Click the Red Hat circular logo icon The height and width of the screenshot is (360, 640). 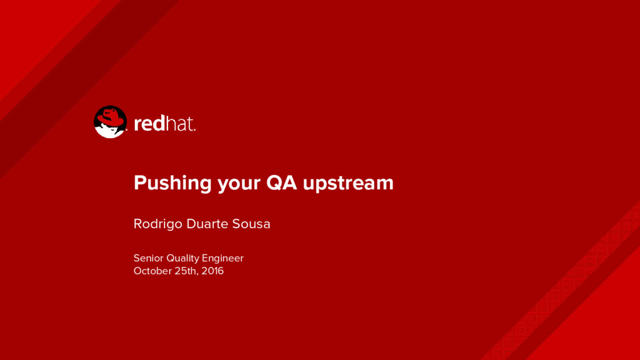coord(110,122)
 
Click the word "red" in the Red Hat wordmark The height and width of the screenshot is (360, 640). coord(149,123)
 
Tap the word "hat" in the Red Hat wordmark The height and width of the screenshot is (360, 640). coord(179,123)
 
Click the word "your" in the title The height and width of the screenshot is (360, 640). coord(239,184)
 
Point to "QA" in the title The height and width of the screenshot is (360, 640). coord(282,182)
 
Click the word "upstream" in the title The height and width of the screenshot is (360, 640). coord(348,184)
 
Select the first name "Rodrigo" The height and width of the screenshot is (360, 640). coord(157,224)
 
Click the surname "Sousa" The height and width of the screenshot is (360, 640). coord(251,224)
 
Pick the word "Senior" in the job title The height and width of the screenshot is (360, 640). coord(148,258)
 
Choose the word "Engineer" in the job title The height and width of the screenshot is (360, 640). coord(222,259)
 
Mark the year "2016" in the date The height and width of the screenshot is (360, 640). coord(212,271)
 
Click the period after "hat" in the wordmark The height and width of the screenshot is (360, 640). coord(194,130)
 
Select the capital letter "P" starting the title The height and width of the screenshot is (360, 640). coord(140,182)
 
